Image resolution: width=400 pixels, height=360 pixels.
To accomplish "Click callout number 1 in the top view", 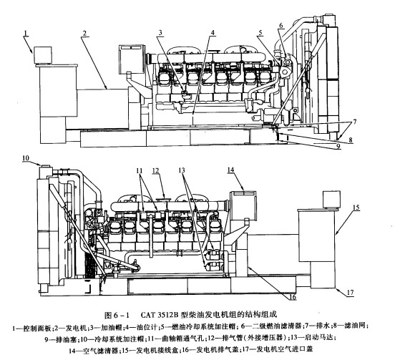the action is pos(26,33).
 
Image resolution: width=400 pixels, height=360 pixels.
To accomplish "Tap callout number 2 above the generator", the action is pos(84,33).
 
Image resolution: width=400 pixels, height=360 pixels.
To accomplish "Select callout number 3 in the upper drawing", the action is pos(160,33).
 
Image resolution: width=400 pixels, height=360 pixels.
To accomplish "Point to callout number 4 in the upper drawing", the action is pos(213,33).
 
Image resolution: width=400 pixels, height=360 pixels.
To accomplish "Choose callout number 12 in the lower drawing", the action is pos(155,170).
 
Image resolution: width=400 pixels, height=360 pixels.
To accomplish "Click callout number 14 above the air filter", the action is pos(230,170).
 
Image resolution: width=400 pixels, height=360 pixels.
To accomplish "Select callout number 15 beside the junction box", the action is pos(356,207).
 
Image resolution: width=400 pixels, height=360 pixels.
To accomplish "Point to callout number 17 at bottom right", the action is pos(351,293).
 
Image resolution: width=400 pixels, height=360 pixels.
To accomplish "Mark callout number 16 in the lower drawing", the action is pos(293,297).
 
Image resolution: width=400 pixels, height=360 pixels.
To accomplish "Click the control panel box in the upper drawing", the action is pos(43,55).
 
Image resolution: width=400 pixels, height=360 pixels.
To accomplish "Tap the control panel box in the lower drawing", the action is pos(331,199).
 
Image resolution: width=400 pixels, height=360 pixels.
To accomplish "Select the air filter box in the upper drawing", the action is pos(132,59).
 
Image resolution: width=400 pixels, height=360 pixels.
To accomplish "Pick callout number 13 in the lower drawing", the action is pos(182,170).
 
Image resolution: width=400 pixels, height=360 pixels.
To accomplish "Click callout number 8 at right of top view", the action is pos(351,140).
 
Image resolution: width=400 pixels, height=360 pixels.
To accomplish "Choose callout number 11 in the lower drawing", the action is pos(140,170).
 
